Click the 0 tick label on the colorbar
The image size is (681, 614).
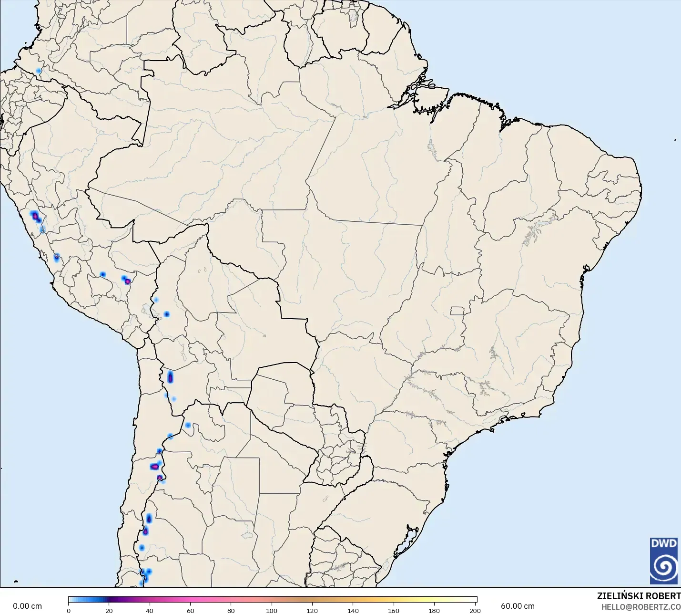click(69, 610)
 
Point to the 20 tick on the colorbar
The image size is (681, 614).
click(109, 610)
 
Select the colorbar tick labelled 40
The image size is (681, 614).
click(150, 610)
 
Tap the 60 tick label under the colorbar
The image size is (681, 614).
click(191, 610)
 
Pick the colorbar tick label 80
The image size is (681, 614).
click(231, 610)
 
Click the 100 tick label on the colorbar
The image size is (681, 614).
click(272, 610)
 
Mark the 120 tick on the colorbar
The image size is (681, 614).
click(312, 610)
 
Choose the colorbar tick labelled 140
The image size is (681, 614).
click(353, 610)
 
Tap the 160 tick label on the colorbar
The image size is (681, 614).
click(394, 610)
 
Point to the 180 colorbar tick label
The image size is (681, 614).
click(434, 610)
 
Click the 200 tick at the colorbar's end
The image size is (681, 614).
click(475, 610)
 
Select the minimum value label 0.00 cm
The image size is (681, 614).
click(27, 606)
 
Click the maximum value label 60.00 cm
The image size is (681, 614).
click(518, 606)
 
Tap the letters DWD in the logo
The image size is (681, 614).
click(664, 543)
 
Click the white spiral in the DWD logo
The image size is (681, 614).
click(664, 567)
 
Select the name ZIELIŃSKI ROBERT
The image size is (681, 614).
click(639, 596)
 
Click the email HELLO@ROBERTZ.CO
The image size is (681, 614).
click(640, 607)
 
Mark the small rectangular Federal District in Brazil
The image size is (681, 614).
click(457, 311)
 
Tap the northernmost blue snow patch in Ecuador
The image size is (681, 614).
click(39, 71)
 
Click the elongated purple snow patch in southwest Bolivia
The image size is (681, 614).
click(170, 377)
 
